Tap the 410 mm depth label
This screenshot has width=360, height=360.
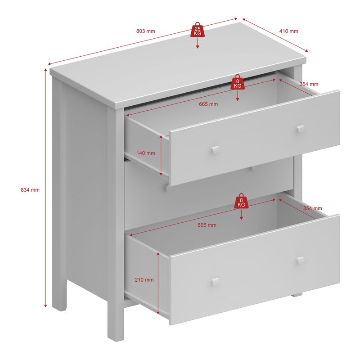tap(288, 31)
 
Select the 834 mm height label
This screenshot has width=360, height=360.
tap(30, 190)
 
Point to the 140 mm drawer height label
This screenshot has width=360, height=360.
tap(145, 153)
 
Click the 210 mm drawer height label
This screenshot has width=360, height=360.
tap(144, 279)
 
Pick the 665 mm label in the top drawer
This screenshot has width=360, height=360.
tap(208, 104)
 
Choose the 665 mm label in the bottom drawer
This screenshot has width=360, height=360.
tap(207, 225)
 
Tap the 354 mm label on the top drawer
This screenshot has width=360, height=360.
tap(309, 84)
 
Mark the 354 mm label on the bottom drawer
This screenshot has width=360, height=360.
tap(312, 208)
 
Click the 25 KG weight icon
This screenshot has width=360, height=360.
tap(198, 29)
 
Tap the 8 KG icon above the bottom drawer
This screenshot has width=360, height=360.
tap(241, 202)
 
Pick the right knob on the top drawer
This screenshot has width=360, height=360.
tap(301, 129)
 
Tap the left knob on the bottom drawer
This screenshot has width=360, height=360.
tap(216, 282)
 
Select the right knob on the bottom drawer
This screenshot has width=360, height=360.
tap(301, 260)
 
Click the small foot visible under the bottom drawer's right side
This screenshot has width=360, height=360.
tap(296, 295)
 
